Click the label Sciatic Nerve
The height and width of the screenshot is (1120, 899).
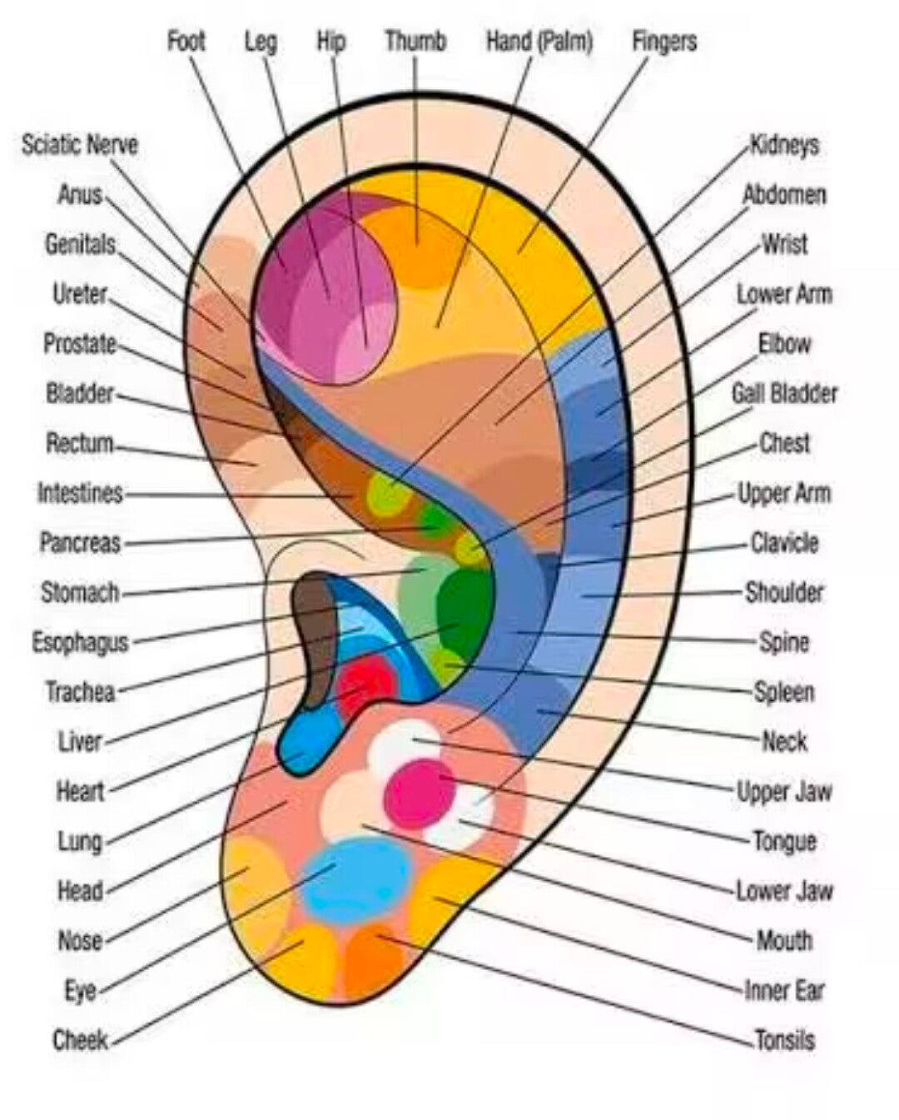point(80,145)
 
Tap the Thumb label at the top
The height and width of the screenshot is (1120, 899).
point(415,41)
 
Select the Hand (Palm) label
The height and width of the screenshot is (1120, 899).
point(539,41)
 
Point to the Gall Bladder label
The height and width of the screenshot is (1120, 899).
point(784,393)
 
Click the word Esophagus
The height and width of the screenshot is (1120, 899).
point(81,642)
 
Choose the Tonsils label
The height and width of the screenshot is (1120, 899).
point(784,1040)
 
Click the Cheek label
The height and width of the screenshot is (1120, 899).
point(81,1040)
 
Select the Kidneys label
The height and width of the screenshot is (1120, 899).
point(784,145)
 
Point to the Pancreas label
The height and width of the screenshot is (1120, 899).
point(81,543)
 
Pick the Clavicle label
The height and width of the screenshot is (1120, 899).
point(784,543)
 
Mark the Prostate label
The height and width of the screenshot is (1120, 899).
point(80,343)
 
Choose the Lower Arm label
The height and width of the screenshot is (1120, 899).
point(784,294)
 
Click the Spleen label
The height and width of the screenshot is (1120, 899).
point(784,692)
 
